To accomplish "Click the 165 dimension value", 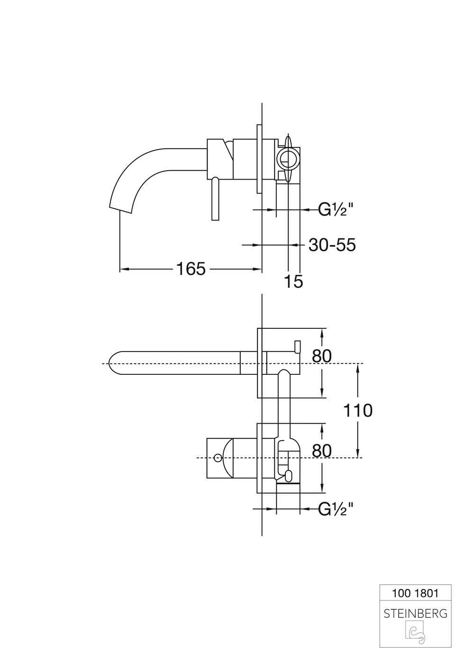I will (x=191, y=269).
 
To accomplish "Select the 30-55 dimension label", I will (x=332, y=245).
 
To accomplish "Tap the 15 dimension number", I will (x=293, y=281).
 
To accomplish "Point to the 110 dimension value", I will (x=358, y=410).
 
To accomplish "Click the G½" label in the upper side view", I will (x=336, y=209).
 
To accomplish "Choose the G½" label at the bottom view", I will (x=336, y=509).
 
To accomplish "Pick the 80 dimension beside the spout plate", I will (x=322, y=356).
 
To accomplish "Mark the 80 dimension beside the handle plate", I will (x=322, y=451).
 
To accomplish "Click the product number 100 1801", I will (x=415, y=593).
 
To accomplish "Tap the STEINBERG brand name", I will (x=415, y=614).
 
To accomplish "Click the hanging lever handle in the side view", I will (x=216, y=199).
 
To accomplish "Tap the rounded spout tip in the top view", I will (x=113, y=363).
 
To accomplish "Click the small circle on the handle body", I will (x=218, y=458).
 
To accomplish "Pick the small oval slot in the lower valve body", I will (x=289, y=475).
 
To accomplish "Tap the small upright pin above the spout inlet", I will (x=297, y=346).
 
